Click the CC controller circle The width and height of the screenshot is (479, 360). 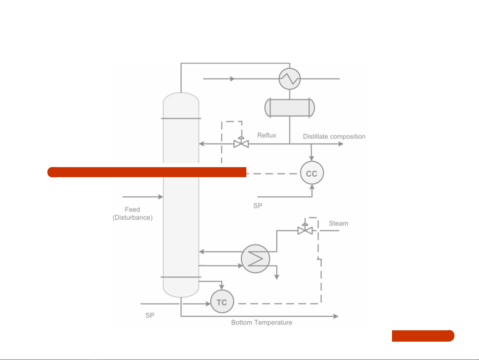[312, 173]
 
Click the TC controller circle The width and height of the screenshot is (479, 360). [222, 302]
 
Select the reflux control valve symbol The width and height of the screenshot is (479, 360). [241, 143]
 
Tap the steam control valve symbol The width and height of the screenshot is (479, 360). [305, 230]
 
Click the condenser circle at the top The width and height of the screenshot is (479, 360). [290, 79]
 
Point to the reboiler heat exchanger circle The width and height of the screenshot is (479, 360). [255, 259]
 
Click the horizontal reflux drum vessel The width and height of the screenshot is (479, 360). [289, 107]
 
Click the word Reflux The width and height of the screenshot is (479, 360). [267, 135]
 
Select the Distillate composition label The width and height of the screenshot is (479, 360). [334, 136]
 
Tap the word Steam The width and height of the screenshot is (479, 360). [338, 224]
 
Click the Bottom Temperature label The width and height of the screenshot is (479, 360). [262, 323]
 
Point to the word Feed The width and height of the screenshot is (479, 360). [132, 210]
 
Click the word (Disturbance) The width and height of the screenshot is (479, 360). [132, 218]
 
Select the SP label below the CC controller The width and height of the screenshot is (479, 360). [258, 206]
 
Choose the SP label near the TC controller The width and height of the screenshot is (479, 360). [150, 315]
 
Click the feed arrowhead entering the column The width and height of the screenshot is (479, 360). [161, 197]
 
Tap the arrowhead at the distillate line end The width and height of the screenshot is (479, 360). [341, 144]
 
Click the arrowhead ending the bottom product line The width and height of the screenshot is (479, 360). [336, 316]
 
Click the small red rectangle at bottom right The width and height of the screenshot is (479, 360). [423, 336]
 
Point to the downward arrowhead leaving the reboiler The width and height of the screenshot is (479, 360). [277, 277]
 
